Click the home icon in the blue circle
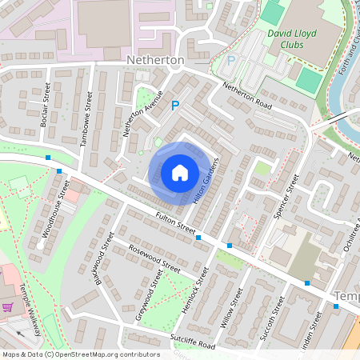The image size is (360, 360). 179,172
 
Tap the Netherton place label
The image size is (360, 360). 155,61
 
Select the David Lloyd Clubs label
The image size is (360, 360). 292,41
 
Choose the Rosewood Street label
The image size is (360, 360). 154,258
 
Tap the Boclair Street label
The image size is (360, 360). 45,106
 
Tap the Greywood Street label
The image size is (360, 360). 149,297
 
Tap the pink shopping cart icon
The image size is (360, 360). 8,307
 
